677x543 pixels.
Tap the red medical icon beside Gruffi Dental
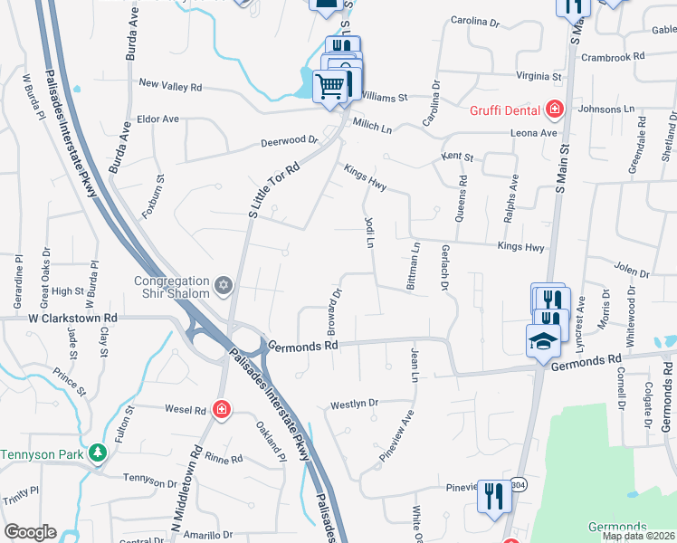[x=555, y=110]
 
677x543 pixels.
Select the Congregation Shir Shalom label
[x=174, y=287]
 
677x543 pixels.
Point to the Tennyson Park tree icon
[x=98, y=452]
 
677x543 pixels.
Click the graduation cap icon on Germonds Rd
[x=542, y=340]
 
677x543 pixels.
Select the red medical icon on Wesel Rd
[x=221, y=411]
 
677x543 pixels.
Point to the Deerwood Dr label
[x=290, y=140]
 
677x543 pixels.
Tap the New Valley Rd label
[x=170, y=86]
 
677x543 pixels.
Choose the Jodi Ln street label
[x=369, y=232]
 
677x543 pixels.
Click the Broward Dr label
[x=336, y=309]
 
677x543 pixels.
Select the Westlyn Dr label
[x=354, y=403]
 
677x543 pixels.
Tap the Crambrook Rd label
[x=614, y=56]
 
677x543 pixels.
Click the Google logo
[x=30, y=532]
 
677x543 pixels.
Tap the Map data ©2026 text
[x=639, y=536]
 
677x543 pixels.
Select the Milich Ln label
[x=372, y=128]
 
